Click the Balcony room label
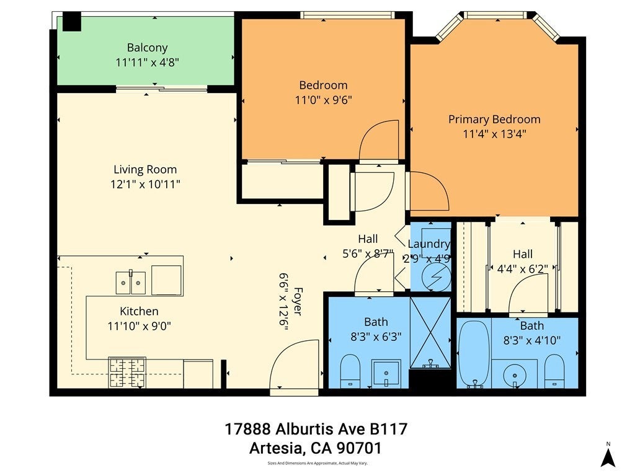coord(147,48)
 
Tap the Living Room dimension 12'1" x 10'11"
coord(145,185)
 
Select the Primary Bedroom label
coord(494,120)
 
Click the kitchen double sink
coord(131,283)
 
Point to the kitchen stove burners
coord(127,372)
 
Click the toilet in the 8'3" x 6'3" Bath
coord(350,371)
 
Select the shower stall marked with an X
coord(430,333)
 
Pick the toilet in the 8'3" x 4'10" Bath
coord(554,371)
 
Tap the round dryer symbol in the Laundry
coord(436,277)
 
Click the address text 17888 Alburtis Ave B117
coord(316,429)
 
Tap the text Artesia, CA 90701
coord(316,448)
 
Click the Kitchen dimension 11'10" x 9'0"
coord(140,326)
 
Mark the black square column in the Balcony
coord(72,22)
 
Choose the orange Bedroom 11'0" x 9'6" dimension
coord(323,100)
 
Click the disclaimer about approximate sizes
coord(317,463)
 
